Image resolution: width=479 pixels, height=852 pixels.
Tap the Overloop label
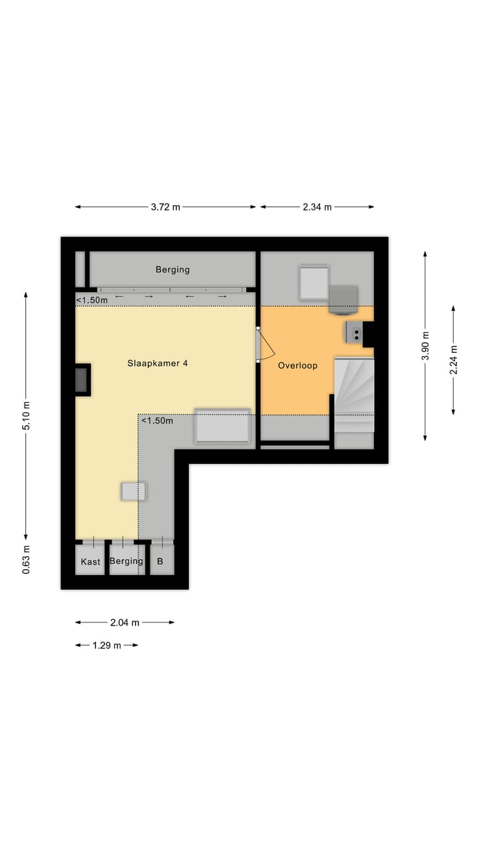[x=297, y=365]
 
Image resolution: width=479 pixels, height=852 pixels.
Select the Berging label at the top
[x=172, y=270]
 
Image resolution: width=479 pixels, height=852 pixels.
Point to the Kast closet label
[x=90, y=562]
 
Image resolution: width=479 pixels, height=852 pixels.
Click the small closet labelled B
[x=160, y=562]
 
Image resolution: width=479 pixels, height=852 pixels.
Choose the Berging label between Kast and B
[x=126, y=561]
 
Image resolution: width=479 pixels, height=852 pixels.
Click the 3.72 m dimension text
[x=165, y=207]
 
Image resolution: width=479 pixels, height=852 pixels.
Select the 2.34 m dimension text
[x=317, y=207]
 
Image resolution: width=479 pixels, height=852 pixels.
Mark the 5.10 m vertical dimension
[x=27, y=415]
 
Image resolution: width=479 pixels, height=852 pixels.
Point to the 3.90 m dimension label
[x=426, y=345]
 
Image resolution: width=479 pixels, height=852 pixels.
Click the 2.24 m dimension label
[x=454, y=359]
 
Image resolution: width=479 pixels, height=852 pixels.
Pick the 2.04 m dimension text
[x=124, y=622]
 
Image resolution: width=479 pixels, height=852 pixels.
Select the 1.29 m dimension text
[x=107, y=645]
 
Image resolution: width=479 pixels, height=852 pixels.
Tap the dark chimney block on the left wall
[x=82, y=380]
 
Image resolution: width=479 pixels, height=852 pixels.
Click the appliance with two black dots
[x=353, y=331]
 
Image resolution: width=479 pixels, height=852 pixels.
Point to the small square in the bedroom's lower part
[x=133, y=491]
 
